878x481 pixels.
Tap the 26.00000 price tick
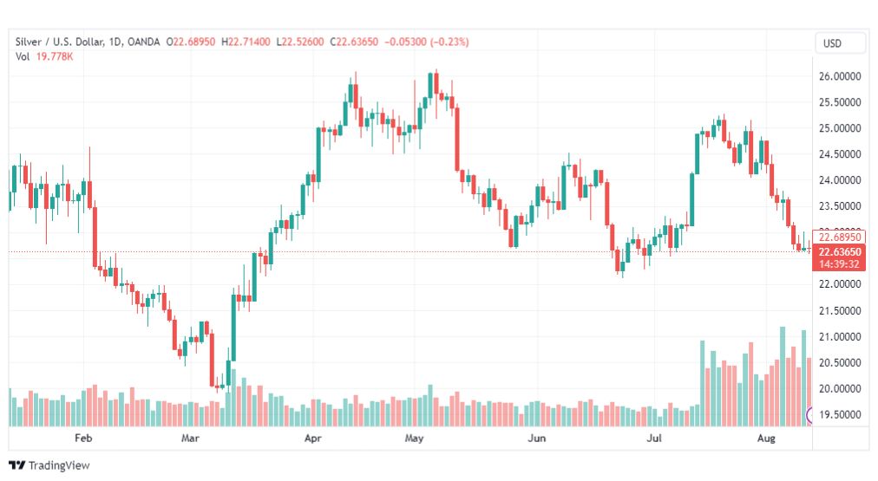[840, 76]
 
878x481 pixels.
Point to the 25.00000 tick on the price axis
[840, 128]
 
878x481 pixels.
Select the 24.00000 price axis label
[840, 180]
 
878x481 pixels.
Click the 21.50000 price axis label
[840, 310]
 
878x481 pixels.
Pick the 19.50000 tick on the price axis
[840, 414]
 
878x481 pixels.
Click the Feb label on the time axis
[83, 439]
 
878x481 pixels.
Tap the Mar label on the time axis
[191, 439]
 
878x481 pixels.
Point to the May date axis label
[414, 439]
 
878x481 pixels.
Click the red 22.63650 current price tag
[839, 252]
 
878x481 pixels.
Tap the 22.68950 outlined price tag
[839, 237]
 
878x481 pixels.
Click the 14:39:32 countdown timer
[839, 263]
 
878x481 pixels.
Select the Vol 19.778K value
[54, 56]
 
